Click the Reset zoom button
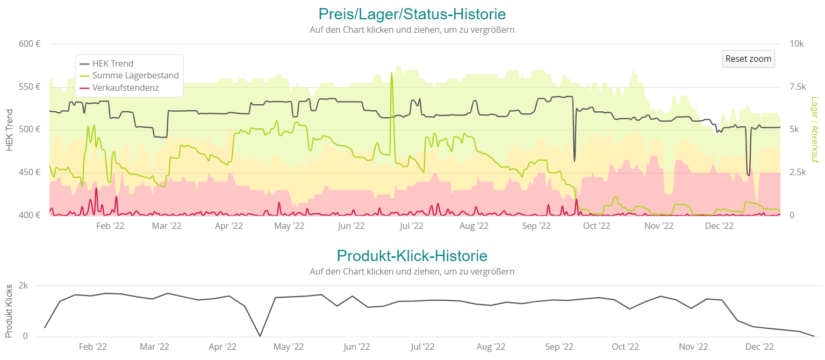pos(748,59)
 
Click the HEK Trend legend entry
pos(112,63)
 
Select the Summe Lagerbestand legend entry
pos(135,76)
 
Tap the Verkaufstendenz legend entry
pos(125,88)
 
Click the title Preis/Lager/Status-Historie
pos(412,13)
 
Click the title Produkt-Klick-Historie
pos(412,255)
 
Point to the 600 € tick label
pos(30,44)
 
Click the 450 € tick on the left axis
pos(30,172)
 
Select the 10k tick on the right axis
pos(797,44)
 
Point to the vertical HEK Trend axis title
pos(9,129)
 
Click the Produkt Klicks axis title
pos(9,311)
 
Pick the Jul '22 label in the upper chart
pos(412,226)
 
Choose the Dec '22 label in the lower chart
pos(759,347)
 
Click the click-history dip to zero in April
pos(260,336)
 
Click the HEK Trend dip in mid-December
pos(748,175)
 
